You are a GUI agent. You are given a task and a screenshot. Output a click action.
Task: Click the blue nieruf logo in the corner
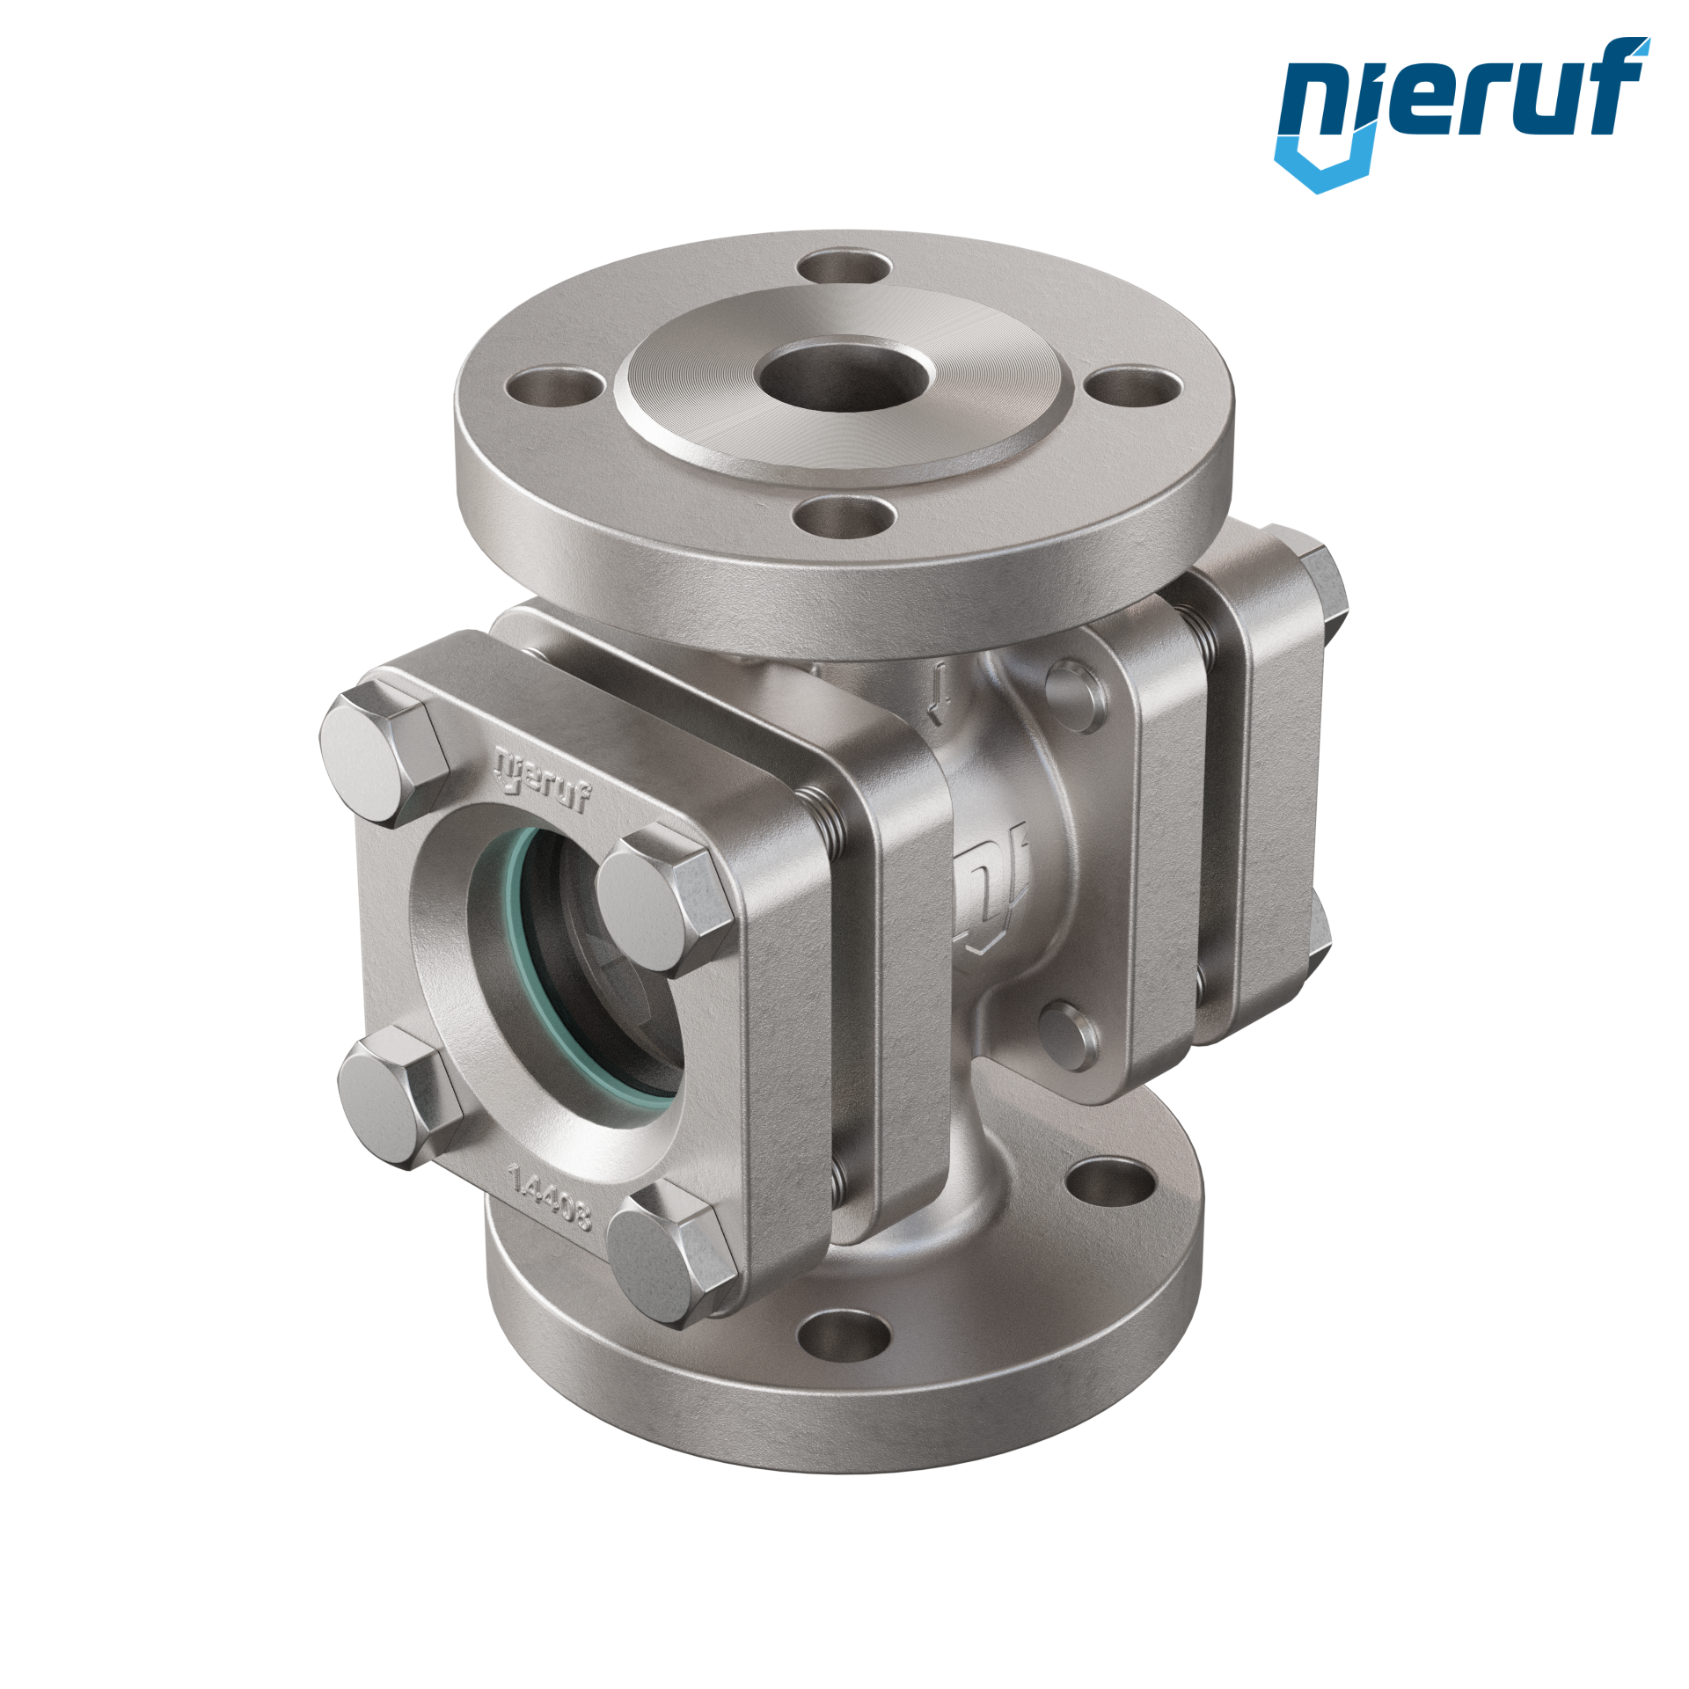[1461, 113]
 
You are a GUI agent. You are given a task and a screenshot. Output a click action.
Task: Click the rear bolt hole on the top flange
[848, 267]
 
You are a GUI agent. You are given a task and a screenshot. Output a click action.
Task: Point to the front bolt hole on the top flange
[844, 515]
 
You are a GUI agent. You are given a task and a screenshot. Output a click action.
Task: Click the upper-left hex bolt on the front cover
[383, 756]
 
